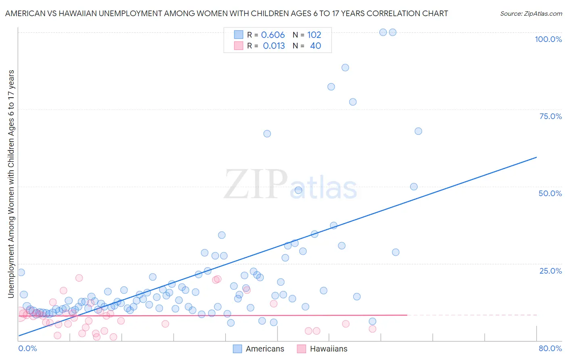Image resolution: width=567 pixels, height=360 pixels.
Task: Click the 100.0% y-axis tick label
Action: point(548,39)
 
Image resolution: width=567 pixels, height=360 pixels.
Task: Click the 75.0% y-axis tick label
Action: point(550,116)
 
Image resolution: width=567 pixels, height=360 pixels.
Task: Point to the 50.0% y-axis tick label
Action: point(550,193)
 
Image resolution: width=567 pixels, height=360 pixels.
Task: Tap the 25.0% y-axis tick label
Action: point(550,271)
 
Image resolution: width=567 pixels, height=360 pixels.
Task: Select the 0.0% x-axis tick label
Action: point(27,348)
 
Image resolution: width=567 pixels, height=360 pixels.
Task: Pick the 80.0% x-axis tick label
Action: point(550,348)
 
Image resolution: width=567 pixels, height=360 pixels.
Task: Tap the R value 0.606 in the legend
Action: point(273,35)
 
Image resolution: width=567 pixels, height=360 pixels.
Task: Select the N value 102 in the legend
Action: point(314,35)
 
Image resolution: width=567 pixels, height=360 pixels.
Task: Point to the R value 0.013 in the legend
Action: point(274,46)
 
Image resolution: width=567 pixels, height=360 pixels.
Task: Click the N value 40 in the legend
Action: point(315,46)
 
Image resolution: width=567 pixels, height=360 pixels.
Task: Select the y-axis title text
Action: point(11,184)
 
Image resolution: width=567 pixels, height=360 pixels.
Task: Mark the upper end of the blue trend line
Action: point(536,157)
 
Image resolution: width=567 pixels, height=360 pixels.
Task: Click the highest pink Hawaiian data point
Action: point(79,278)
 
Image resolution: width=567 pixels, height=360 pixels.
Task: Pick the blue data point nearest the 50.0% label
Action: point(414,186)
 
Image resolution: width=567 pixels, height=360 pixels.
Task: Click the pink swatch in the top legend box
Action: point(239,46)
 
